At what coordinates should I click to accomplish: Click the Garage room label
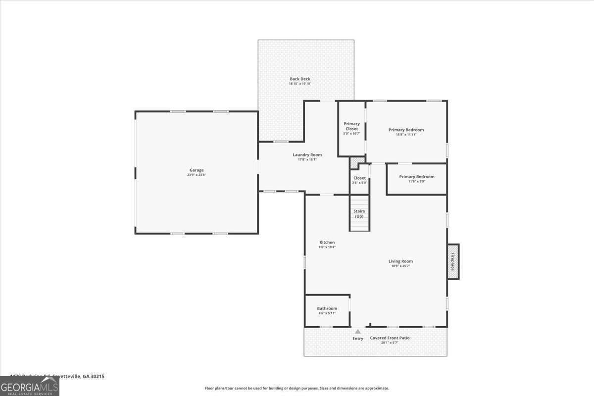point(197,170)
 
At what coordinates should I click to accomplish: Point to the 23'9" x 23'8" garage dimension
point(197,175)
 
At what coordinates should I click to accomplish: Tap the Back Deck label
point(300,79)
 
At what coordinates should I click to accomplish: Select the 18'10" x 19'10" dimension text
point(300,84)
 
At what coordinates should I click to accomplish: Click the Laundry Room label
point(307,155)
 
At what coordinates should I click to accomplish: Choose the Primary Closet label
point(351,126)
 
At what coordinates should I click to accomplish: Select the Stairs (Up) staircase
point(359,214)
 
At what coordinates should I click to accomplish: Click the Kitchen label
point(327,242)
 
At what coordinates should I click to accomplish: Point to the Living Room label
point(400,261)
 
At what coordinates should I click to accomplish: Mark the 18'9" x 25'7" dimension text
point(400,266)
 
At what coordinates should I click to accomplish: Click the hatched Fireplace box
point(453,261)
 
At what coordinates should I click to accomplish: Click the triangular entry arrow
point(357,331)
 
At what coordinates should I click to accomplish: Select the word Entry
point(357,339)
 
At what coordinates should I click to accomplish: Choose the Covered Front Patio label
point(390,338)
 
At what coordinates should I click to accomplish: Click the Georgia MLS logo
point(30,386)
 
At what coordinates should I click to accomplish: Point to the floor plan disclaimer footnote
point(297,388)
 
